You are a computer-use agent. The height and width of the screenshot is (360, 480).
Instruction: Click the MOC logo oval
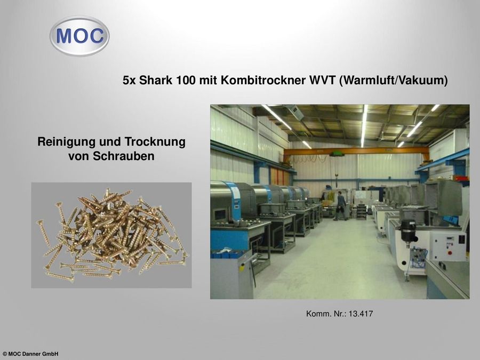(79, 36)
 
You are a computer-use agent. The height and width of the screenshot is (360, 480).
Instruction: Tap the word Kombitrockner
(263, 81)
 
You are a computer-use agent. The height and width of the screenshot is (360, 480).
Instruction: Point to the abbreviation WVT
(322, 81)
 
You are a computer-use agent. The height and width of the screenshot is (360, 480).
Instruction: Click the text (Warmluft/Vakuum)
(394, 81)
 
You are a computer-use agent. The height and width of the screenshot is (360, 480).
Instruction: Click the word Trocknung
(155, 142)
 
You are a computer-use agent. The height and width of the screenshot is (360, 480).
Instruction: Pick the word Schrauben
(124, 156)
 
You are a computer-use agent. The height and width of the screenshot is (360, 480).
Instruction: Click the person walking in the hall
(340, 206)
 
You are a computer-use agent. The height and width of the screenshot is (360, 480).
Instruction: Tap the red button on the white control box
(450, 253)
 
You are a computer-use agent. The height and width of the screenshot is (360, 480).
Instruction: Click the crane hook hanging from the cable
(337, 175)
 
